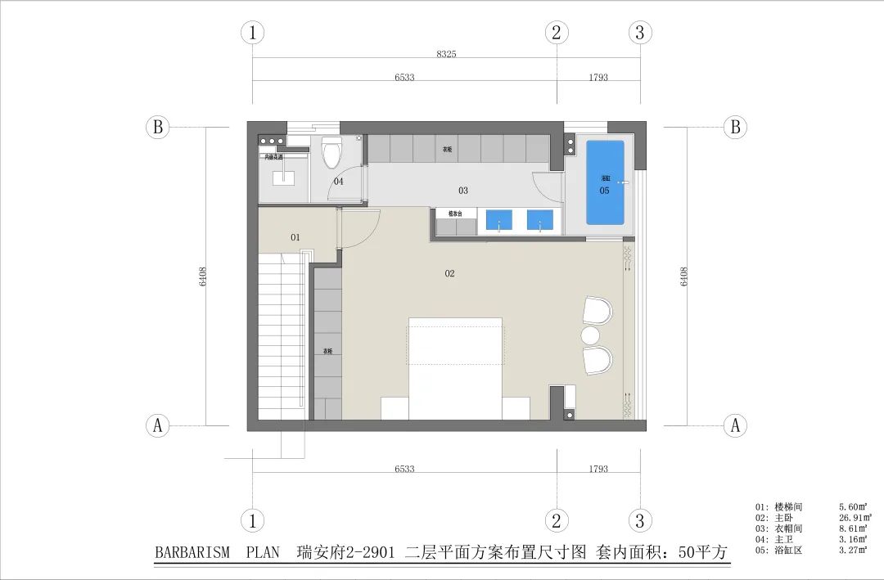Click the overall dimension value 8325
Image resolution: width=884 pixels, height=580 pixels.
pyautogui.click(x=446, y=54)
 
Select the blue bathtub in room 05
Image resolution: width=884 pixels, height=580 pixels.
pyautogui.click(x=605, y=182)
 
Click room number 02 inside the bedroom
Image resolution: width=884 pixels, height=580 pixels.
pyautogui.click(x=449, y=273)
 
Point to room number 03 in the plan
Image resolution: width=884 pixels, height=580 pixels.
pyautogui.click(x=463, y=191)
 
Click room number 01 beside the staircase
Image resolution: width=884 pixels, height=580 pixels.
pyautogui.click(x=295, y=237)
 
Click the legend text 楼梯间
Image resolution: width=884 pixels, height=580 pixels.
pyautogui.click(x=786, y=506)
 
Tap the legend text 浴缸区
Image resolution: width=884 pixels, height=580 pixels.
pyautogui.click(x=786, y=551)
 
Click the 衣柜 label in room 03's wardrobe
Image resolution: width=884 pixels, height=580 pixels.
pyautogui.click(x=447, y=150)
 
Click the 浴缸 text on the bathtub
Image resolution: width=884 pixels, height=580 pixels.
pyautogui.click(x=605, y=178)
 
